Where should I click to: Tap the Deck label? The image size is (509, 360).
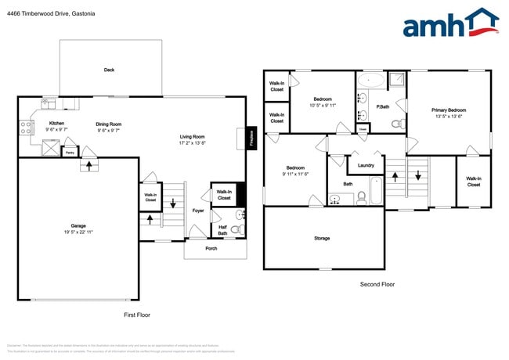click(110, 70)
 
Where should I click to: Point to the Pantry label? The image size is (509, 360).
click(70, 153)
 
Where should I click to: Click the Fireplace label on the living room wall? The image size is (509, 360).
click(251, 138)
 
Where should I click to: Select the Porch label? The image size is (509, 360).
click(211, 249)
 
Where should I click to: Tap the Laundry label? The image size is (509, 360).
click(365, 165)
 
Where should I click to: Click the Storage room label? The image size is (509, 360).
click(322, 238)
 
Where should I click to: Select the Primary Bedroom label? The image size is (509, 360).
click(449, 110)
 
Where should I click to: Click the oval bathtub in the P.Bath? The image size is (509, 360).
click(371, 80)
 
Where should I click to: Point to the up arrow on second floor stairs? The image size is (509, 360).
click(395, 177)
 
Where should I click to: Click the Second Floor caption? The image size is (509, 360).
click(377, 284)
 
